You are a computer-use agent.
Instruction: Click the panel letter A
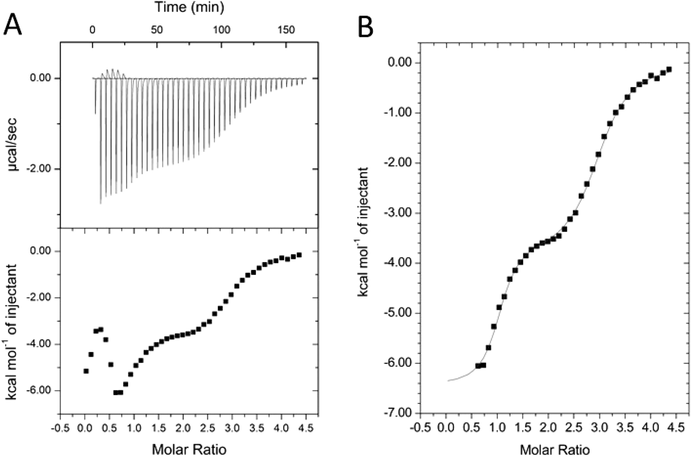12,25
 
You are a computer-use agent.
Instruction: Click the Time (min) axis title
189,7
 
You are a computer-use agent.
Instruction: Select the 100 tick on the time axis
222,30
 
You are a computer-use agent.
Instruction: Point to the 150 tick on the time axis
286,30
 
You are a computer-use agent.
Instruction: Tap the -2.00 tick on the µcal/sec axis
40,169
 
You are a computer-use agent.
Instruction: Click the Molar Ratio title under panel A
189,450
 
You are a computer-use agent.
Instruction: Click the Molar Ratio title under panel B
555,450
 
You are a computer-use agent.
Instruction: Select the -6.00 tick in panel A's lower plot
40,391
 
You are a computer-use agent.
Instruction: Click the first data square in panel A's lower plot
86,371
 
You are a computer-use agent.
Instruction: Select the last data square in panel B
669,69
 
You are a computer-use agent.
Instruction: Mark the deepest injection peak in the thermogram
100,203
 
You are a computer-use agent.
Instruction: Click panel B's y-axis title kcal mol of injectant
364,232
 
